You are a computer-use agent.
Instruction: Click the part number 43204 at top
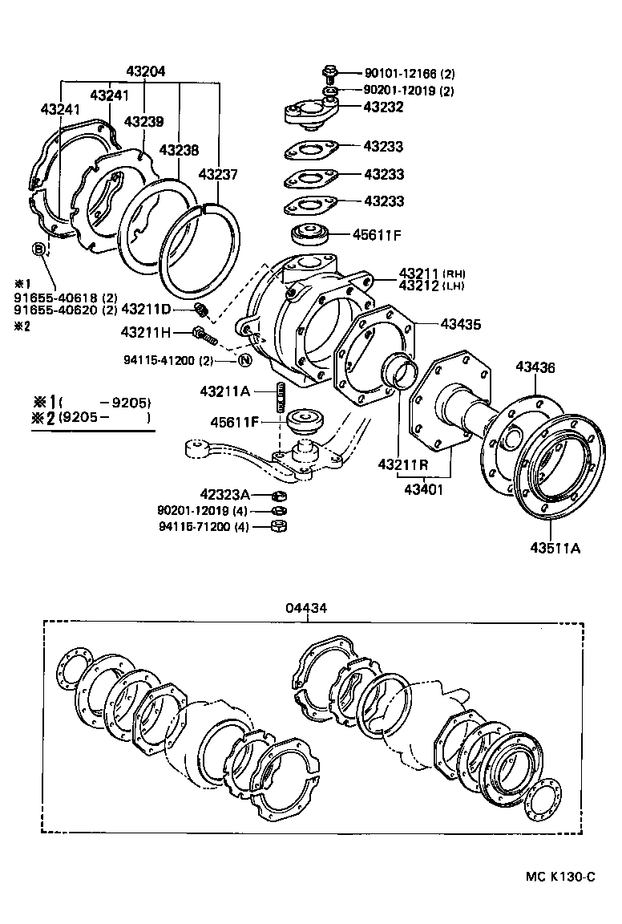146,71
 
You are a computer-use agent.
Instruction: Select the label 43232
383,107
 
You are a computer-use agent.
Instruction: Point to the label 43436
535,367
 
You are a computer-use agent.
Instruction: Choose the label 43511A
554,549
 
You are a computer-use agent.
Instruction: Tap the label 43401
426,488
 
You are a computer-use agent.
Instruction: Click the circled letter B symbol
38,249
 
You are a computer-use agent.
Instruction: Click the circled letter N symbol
244,359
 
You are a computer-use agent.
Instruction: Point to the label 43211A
225,391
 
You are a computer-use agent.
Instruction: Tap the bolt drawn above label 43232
329,73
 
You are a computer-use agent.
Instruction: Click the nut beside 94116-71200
279,526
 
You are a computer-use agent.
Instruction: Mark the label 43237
217,173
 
